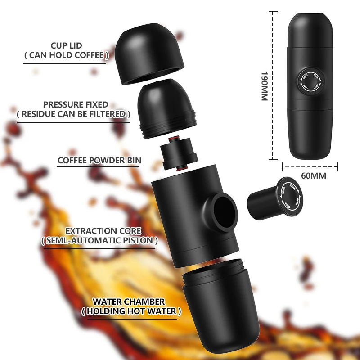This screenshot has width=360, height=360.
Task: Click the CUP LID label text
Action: tap(66, 45)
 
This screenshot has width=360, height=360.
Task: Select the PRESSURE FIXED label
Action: tap(75, 104)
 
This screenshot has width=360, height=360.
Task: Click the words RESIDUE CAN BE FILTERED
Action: tap(73, 114)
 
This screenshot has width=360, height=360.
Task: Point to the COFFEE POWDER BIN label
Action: tap(99, 160)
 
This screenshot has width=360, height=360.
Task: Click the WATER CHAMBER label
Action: tap(128, 301)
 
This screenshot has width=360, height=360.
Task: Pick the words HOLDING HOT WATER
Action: tap(131, 311)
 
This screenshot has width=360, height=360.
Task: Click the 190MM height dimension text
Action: tap(264, 85)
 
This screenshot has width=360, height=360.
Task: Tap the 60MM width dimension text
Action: tap(313, 176)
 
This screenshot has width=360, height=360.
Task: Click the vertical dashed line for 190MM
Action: tap(273, 85)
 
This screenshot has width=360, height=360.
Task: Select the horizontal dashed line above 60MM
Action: tap(310, 167)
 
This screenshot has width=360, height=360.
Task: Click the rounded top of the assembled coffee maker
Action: tap(310, 25)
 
